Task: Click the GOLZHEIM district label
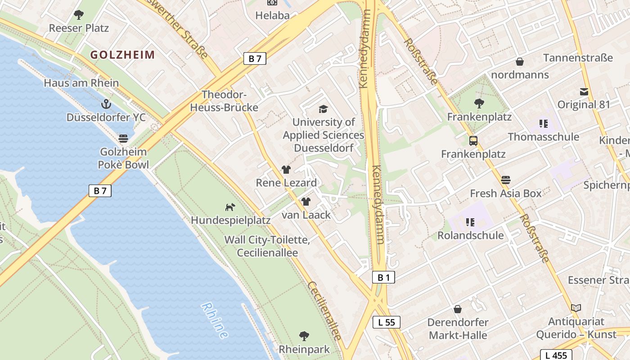[x=122, y=55]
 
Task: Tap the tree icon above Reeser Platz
[x=79, y=15]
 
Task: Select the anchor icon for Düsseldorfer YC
[x=106, y=104]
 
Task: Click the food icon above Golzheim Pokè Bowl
[x=123, y=138]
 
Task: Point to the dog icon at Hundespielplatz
[x=230, y=207]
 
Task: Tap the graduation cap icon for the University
[x=323, y=109]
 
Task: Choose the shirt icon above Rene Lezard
[x=286, y=170]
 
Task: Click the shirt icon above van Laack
[x=306, y=202]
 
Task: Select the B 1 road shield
[x=383, y=278]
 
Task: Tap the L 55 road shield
[x=386, y=322]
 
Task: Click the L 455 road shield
[x=556, y=355]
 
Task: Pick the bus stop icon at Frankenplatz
[x=473, y=141]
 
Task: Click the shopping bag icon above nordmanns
[x=520, y=62]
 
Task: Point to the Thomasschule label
[x=543, y=136]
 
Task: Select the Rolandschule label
[x=470, y=235]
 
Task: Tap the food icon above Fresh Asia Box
[x=506, y=180]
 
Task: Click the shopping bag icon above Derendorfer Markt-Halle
[x=458, y=309]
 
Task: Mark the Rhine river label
[x=215, y=320]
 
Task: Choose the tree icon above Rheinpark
[x=304, y=336]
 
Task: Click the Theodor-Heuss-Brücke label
[x=224, y=101]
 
